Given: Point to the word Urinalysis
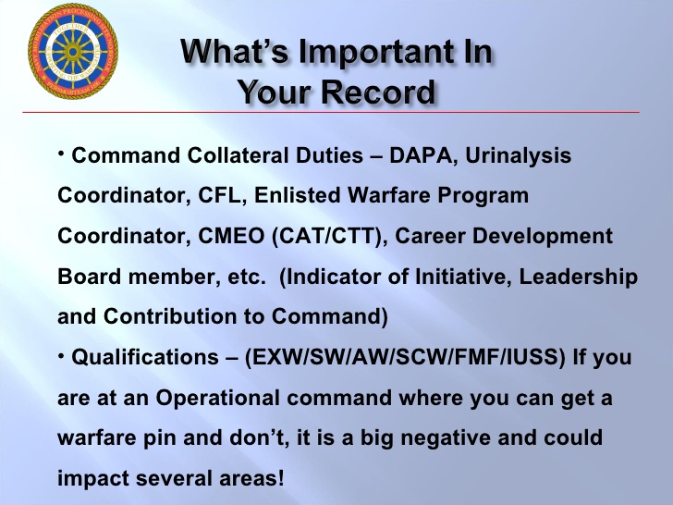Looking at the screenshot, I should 518,156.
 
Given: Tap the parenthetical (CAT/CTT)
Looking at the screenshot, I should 328,237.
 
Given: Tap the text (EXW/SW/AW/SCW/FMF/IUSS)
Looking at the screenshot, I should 404,358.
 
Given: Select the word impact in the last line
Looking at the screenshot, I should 91,478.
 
